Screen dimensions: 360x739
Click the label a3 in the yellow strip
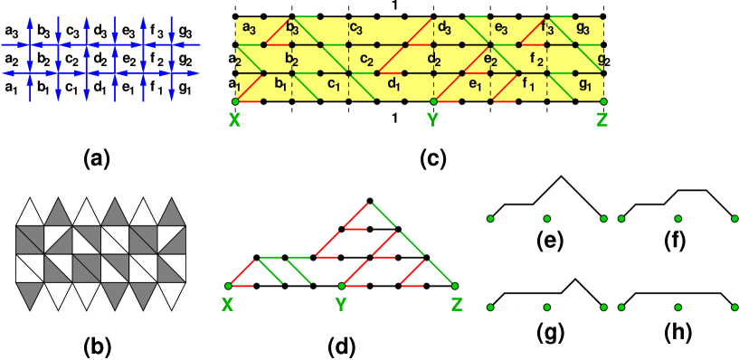point(249,29)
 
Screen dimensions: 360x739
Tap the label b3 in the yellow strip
point(291,29)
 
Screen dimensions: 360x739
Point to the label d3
point(444,29)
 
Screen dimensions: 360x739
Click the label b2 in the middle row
point(291,61)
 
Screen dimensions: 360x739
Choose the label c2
point(366,61)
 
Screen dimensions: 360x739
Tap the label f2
point(536,61)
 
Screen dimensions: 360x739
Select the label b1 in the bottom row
point(280,86)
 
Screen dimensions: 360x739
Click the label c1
point(333,86)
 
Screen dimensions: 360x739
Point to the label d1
point(393,86)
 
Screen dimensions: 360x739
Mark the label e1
point(475,86)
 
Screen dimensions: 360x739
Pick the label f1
point(529,86)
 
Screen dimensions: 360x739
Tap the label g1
point(585,86)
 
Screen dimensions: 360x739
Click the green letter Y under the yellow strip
point(433,119)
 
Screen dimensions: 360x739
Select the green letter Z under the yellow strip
point(602,119)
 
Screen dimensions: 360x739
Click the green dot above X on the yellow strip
point(236,101)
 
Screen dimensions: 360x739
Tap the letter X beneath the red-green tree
point(227,305)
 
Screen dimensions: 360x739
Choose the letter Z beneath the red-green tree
point(457,305)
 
